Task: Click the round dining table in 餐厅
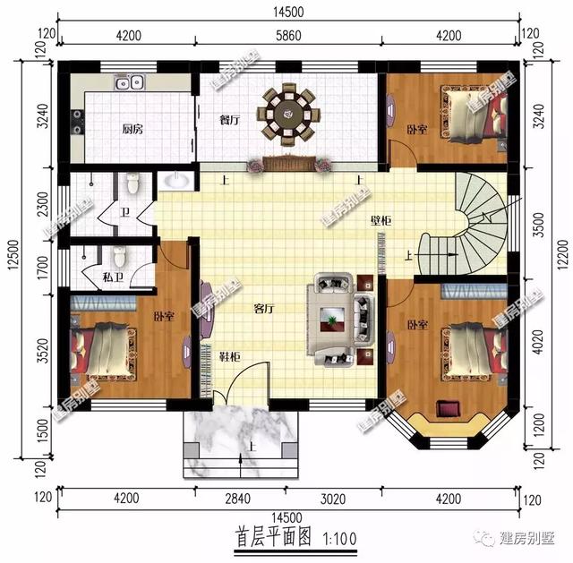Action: click(287, 114)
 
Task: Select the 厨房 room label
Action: click(133, 129)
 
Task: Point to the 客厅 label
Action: click(263, 310)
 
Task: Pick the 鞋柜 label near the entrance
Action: click(229, 356)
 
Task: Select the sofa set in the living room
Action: click(338, 317)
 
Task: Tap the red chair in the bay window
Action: click(446, 409)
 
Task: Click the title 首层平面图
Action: click(272, 539)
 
